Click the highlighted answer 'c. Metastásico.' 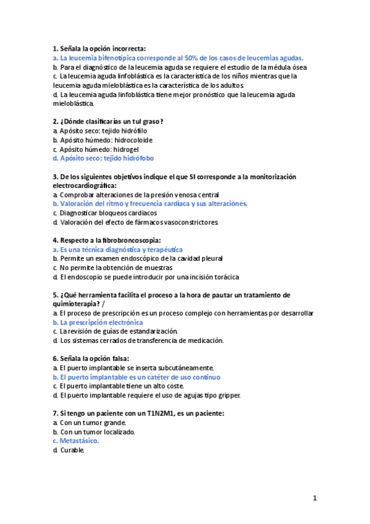click(75, 441)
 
